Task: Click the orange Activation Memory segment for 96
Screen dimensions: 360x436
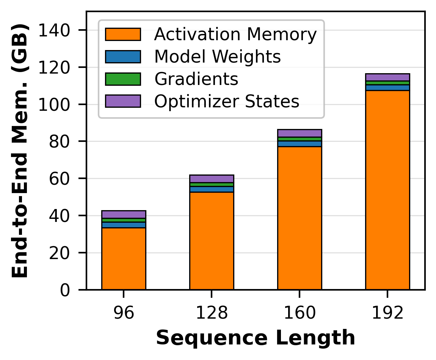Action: click(124, 258)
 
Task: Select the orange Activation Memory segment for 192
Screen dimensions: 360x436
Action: click(387, 190)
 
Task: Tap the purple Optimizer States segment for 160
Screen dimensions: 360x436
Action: click(300, 133)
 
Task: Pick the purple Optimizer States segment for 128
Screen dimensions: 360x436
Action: click(212, 179)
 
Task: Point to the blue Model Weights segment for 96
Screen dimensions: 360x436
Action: click(124, 225)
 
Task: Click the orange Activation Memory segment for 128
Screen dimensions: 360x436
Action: click(212, 241)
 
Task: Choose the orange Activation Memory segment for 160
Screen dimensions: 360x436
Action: click(300, 218)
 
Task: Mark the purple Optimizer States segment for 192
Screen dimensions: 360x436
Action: click(387, 77)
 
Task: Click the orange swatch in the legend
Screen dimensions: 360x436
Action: click(123, 35)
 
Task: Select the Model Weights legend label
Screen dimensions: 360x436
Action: click(217, 57)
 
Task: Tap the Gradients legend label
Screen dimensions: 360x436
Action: click(196, 79)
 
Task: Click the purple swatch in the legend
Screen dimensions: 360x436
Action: click(123, 101)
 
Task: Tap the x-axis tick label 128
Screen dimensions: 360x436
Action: click(212, 314)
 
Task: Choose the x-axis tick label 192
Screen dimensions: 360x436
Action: click(387, 314)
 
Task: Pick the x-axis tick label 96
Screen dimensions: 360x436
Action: click(124, 314)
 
